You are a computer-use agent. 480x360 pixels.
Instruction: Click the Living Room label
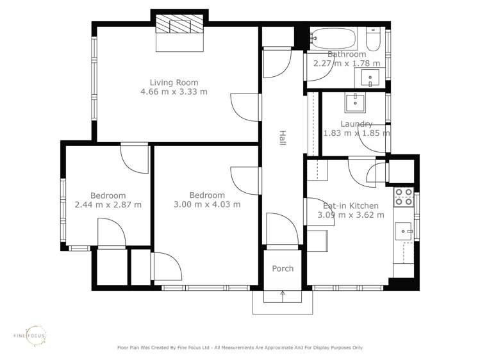tap(174, 82)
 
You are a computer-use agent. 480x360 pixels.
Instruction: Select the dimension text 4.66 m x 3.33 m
tap(174, 92)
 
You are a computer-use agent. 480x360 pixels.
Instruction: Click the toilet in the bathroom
tap(374, 40)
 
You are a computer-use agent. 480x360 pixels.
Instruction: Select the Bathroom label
tap(347, 54)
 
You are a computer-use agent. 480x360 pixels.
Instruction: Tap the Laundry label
tap(356, 124)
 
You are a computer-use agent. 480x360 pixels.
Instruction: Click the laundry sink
tap(354, 102)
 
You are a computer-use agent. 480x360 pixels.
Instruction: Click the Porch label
tap(283, 268)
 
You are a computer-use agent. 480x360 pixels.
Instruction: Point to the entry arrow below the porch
tap(283, 295)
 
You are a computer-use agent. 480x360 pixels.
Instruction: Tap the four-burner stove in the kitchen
tap(403, 197)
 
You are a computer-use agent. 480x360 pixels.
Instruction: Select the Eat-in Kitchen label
tap(351, 206)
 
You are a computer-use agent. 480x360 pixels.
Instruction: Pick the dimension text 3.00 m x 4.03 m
tap(207, 204)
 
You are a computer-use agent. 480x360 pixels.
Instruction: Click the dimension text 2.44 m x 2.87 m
tap(108, 204)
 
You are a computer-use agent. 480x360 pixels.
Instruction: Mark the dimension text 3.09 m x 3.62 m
tap(351, 215)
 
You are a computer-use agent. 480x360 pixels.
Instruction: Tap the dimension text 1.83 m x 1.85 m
tap(356, 133)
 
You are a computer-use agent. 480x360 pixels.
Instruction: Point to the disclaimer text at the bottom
tap(240, 348)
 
